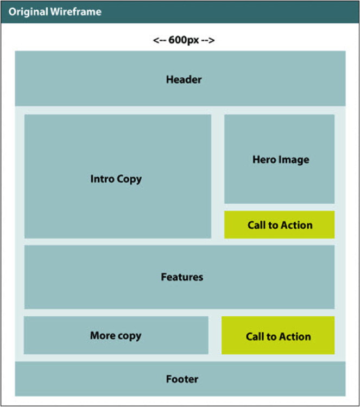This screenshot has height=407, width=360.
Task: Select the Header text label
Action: tap(184, 80)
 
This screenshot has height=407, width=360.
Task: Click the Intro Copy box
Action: tap(117, 177)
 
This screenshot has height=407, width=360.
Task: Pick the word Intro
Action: tap(102, 179)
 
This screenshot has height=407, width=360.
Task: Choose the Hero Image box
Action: tap(279, 159)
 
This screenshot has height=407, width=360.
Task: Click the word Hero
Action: tap(264, 160)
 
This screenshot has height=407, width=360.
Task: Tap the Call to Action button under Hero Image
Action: tap(279, 225)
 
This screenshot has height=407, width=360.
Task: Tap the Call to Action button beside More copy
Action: tap(277, 336)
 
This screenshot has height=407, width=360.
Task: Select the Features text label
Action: tap(182, 277)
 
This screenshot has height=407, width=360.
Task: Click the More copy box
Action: tap(116, 335)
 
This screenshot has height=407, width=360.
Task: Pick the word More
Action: tap(102, 335)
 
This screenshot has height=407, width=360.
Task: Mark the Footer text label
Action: tap(182, 379)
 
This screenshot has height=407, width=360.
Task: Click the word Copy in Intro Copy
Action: tap(129, 179)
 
